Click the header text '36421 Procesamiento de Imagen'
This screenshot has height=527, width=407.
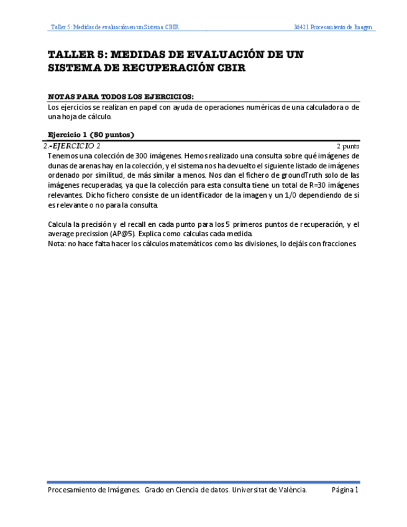[x=334, y=27]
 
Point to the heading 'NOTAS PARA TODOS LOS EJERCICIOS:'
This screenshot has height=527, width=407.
[x=121, y=97]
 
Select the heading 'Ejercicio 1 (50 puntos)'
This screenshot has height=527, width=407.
[x=91, y=134]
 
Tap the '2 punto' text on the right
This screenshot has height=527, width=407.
[x=347, y=146]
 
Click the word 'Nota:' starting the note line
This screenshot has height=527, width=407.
[x=58, y=244]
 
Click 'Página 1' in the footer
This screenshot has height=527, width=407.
[x=345, y=490]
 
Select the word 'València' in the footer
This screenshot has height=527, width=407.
[x=291, y=490]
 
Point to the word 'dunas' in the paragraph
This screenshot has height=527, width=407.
[x=58, y=165]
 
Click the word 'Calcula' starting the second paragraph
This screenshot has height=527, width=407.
[x=61, y=224]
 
